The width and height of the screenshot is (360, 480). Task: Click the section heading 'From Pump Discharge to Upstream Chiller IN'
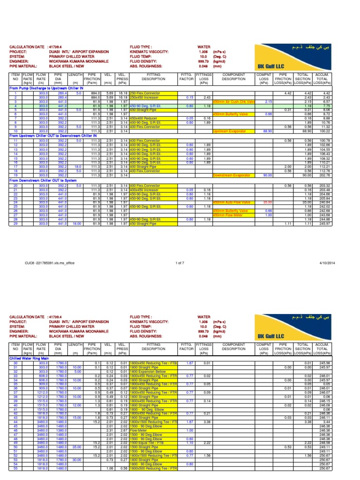click(x=46, y=88)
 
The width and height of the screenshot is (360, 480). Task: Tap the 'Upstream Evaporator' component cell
click(x=230, y=131)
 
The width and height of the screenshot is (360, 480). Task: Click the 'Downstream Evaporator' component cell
click(x=230, y=175)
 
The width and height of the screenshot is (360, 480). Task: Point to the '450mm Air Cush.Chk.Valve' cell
click(x=233, y=101)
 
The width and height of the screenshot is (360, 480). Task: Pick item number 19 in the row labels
click(x=15, y=175)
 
